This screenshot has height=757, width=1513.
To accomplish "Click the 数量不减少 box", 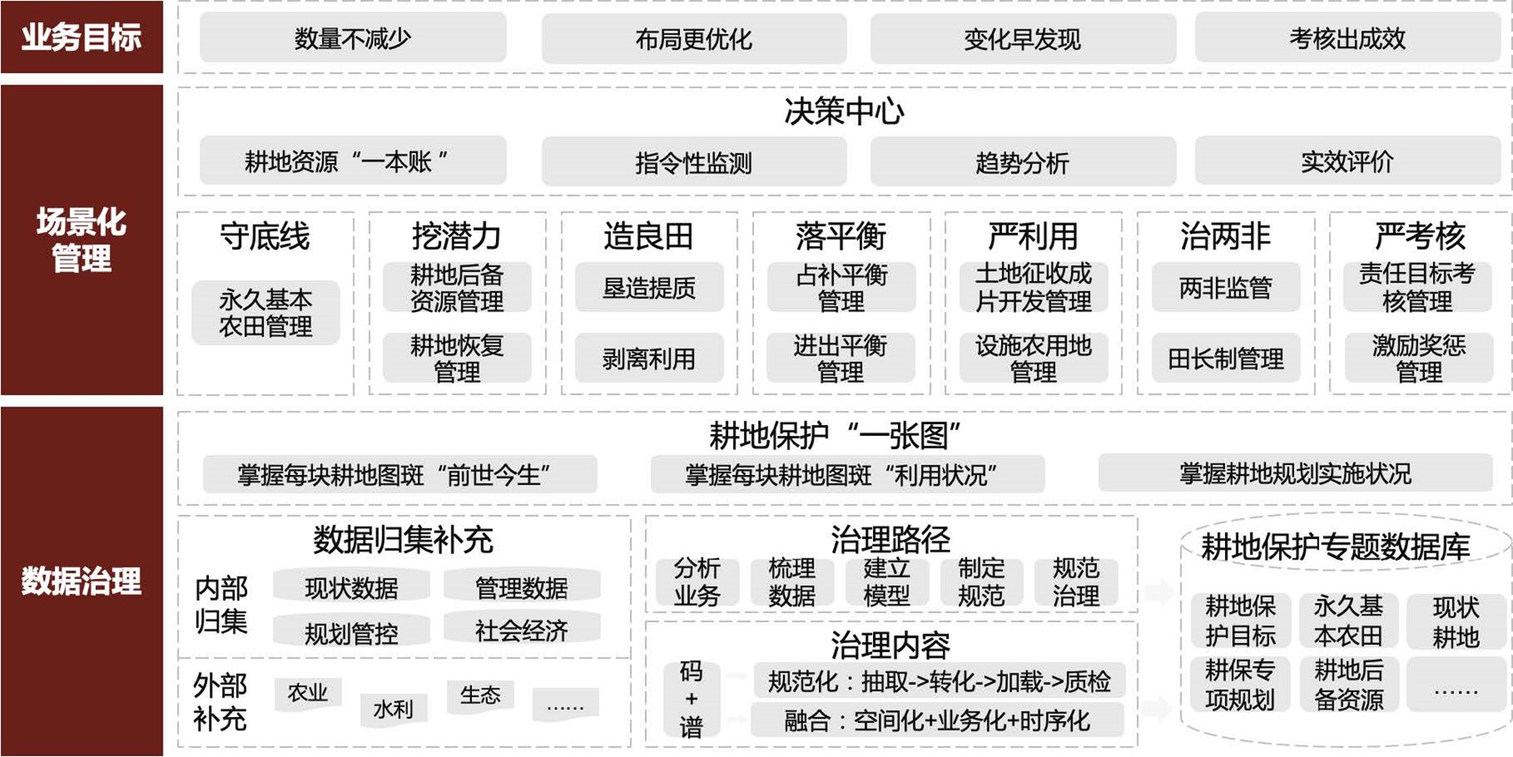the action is coord(353,38).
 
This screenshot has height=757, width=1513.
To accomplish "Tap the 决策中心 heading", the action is coord(845,111).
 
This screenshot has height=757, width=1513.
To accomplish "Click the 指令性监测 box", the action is coord(693,162).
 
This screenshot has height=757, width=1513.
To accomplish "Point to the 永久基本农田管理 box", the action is coord(266,313).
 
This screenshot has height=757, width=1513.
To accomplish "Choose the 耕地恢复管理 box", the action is coord(457,358).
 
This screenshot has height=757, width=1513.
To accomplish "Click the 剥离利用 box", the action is coord(649,358).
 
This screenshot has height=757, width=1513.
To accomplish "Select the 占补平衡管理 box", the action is coord(842,287).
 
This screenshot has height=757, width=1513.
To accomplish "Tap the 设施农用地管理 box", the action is coord(1034,358).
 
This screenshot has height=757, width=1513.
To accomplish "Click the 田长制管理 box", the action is coord(1226,358).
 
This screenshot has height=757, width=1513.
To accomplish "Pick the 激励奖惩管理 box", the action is coord(1419,358).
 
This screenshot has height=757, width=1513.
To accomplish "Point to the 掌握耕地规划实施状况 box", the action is coord(1295,473).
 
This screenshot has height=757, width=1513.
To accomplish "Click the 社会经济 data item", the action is coord(522,630).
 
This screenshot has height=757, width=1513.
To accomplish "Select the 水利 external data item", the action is coord(393,710).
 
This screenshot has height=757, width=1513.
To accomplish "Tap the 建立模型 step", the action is coord(886,582).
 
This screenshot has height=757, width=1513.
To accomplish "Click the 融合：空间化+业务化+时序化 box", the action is coord(938,721).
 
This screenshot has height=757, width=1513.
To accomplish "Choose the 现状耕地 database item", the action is coord(1455,622).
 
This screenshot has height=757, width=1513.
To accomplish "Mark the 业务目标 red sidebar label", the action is coord(82,37).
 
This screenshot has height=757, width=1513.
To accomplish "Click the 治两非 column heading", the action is coord(1226,236).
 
